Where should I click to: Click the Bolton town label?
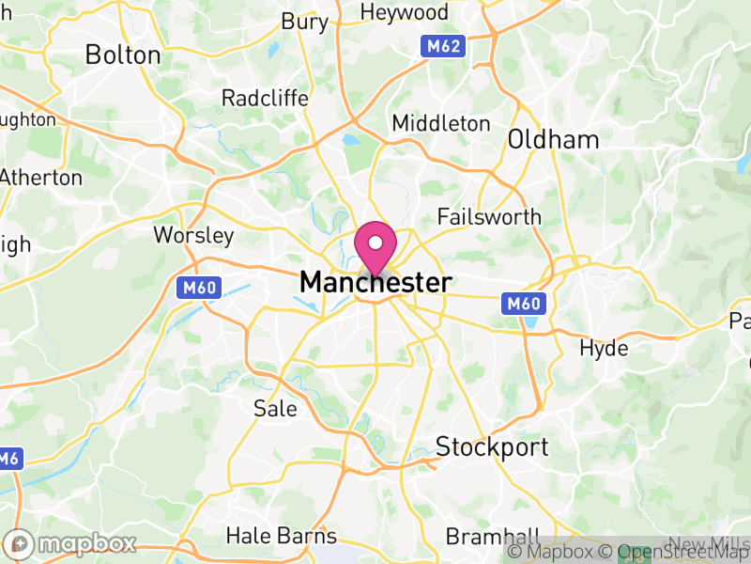coord(123,55)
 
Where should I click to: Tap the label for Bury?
coord(305,21)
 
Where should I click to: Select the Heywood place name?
coord(406,12)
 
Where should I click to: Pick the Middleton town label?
coord(441,123)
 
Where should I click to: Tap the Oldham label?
coord(553,140)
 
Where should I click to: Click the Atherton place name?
coord(41,177)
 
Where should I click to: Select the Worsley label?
coord(193,234)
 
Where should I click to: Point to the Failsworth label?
coord(490,217)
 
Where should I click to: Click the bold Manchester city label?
coord(375,282)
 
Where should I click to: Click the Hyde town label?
coord(604,348)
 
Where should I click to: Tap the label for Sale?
coord(275,408)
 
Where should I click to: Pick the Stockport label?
coord(492,446)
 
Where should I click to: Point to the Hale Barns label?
coord(281,537)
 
